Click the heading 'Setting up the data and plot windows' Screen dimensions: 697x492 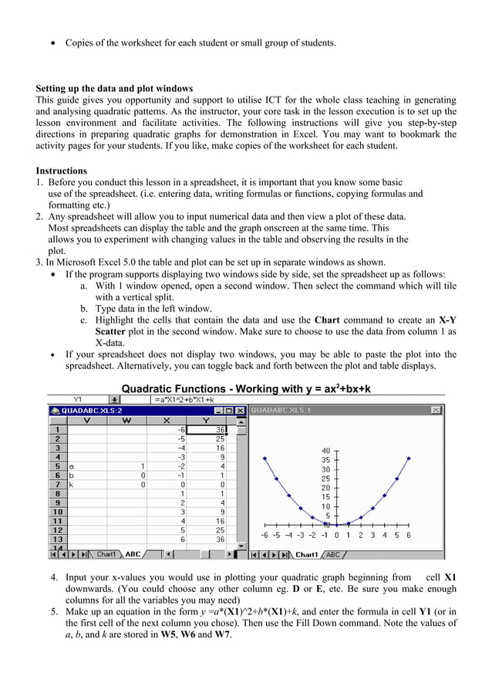(114, 88)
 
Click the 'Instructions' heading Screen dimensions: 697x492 (61, 171)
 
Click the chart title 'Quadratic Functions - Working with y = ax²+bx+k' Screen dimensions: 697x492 (246, 387)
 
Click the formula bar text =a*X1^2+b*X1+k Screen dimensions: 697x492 (184, 399)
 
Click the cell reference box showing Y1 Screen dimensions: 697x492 (78, 399)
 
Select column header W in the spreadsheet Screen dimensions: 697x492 (126, 421)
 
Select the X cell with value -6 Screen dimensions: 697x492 (180, 430)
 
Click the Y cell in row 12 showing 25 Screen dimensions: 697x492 (220, 530)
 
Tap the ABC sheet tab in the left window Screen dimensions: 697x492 (133, 554)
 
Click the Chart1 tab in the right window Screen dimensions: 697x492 (306, 554)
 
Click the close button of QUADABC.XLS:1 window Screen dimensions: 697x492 (436, 410)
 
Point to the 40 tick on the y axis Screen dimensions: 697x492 (325, 451)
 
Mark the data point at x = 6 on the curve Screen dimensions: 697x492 (408, 458)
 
